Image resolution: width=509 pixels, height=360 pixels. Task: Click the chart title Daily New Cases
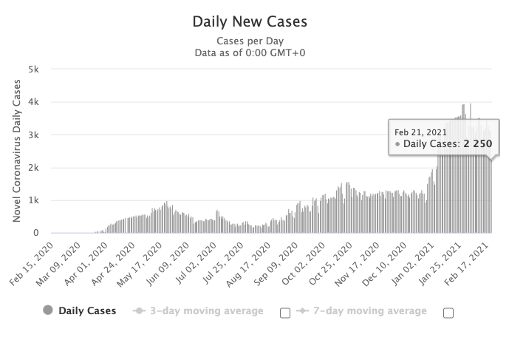[x=249, y=21]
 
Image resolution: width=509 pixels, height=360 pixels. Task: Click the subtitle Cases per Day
[x=249, y=41]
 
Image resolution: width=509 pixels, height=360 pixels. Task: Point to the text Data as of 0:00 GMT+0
[x=249, y=52]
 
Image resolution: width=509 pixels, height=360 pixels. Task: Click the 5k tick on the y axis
[x=33, y=69]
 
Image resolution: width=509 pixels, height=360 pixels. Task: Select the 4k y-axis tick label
[x=33, y=102]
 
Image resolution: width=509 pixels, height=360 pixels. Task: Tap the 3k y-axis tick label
[x=33, y=135]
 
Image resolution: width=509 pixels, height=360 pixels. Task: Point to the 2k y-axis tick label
[x=33, y=168]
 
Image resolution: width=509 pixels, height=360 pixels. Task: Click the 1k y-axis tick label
[x=33, y=200]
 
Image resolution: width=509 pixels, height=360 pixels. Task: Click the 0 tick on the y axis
[x=36, y=233]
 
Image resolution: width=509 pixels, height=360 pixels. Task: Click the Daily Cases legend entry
[x=80, y=310]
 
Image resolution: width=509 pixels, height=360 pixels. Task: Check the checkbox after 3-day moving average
[x=285, y=313]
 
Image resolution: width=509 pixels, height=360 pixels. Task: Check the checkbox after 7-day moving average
[x=448, y=313]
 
